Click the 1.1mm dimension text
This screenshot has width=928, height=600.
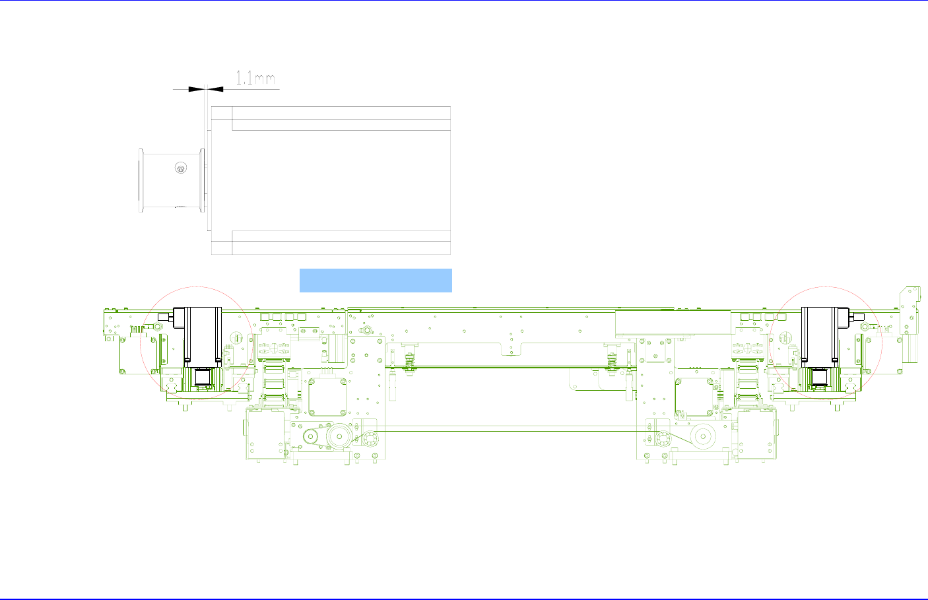(x=255, y=78)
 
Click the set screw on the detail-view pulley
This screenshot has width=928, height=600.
(x=181, y=168)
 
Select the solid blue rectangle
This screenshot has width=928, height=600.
(x=376, y=281)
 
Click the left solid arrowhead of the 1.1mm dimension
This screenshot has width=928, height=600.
(x=197, y=89)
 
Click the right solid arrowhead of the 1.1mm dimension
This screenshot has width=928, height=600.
(x=215, y=89)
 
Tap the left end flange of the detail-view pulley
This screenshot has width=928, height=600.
(x=141, y=181)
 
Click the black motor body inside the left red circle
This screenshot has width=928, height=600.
(x=197, y=337)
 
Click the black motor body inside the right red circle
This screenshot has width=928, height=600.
(x=825, y=337)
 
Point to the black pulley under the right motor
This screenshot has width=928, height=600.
(x=820, y=377)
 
